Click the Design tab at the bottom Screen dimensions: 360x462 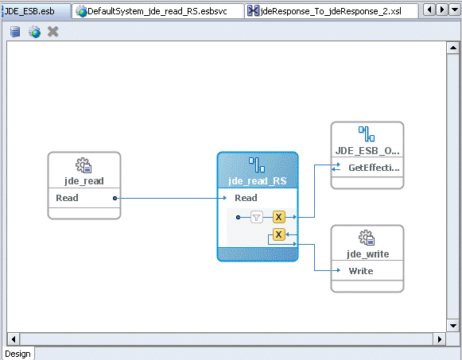[17, 354]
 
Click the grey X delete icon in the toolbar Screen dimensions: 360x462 [53, 32]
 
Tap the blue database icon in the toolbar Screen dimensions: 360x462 [16, 32]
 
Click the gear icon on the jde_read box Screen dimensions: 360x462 [83, 165]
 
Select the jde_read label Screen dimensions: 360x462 [84, 181]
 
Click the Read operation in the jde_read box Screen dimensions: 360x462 [68, 198]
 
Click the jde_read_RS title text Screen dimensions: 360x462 [257, 181]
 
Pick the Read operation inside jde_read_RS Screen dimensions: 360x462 [246, 198]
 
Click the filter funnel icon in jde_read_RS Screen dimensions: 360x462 [257, 216]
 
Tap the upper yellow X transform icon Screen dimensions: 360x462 [279, 216]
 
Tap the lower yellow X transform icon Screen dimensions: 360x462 [279, 234]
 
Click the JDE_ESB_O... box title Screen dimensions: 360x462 [367, 151]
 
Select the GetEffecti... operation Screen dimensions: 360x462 [374, 168]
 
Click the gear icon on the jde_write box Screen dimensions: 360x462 [367, 238]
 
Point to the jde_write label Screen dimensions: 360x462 [367, 254]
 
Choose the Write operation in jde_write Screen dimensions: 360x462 [360, 271]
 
